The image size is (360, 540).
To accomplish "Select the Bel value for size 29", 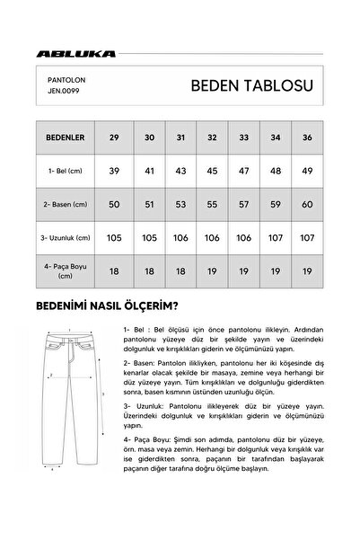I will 112,170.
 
